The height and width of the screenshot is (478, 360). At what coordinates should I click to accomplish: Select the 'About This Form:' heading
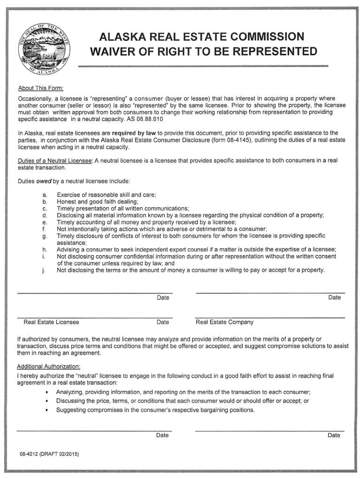point(40,88)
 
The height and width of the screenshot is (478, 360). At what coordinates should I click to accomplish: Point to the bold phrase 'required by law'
point(133,133)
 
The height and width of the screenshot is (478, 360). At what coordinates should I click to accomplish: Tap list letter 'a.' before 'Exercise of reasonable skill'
point(45,195)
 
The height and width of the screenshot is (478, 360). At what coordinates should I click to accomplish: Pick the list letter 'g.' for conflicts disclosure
point(45,236)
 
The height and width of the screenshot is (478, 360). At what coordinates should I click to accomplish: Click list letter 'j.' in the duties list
point(44,270)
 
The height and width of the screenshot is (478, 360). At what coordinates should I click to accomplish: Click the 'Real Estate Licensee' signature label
point(51,322)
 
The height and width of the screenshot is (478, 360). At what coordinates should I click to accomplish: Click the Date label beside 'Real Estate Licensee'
point(163,322)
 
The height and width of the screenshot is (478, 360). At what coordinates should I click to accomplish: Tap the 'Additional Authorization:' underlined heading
point(49,366)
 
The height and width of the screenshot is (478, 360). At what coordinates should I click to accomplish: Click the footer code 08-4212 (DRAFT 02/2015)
point(49,455)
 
